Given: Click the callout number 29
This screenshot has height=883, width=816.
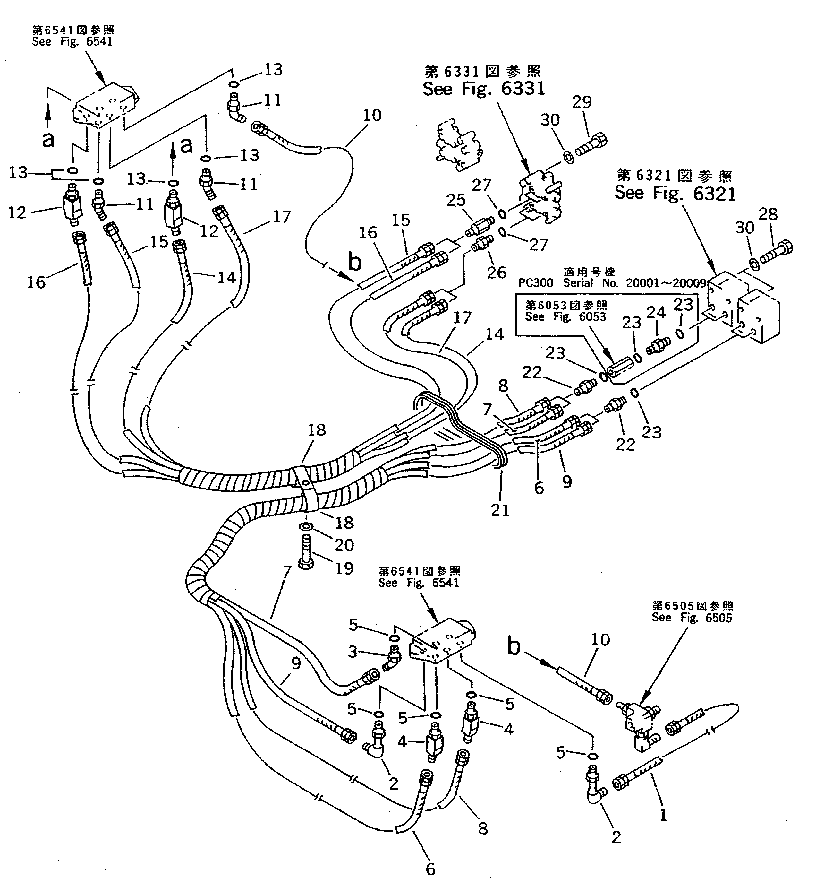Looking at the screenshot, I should point(582,102).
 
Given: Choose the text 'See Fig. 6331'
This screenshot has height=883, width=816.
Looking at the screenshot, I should point(483,89).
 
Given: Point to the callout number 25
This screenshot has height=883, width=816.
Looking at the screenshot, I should point(456,200).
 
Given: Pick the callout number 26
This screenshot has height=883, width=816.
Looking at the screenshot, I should point(496,272).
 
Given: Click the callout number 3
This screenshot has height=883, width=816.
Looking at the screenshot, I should point(353,652).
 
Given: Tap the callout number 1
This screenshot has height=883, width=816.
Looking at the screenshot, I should point(663,815).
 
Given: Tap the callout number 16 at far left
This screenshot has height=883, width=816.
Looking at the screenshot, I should point(36,281).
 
